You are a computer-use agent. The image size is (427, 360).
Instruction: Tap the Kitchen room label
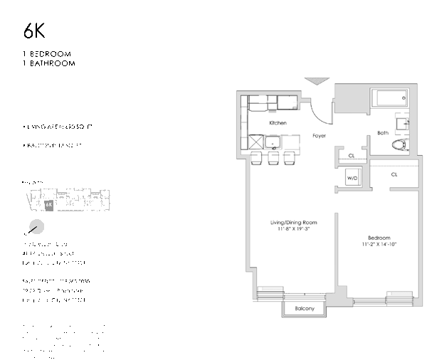(x=278, y=123)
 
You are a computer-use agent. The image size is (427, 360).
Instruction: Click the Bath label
(x=383, y=132)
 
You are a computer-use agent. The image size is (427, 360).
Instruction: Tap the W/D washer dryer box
(x=352, y=178)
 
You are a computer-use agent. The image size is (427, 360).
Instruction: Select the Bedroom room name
(x=379, y=238)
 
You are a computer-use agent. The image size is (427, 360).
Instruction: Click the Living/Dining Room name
(x=294, y=223)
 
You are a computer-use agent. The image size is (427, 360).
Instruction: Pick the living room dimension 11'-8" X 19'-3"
(x=294, y=230)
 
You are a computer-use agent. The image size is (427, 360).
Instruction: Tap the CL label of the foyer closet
(x=352, y=157)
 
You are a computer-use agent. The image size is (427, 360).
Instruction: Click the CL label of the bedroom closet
(x=394, y=174)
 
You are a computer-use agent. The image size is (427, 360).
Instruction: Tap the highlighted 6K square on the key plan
(x=48, y=204)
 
